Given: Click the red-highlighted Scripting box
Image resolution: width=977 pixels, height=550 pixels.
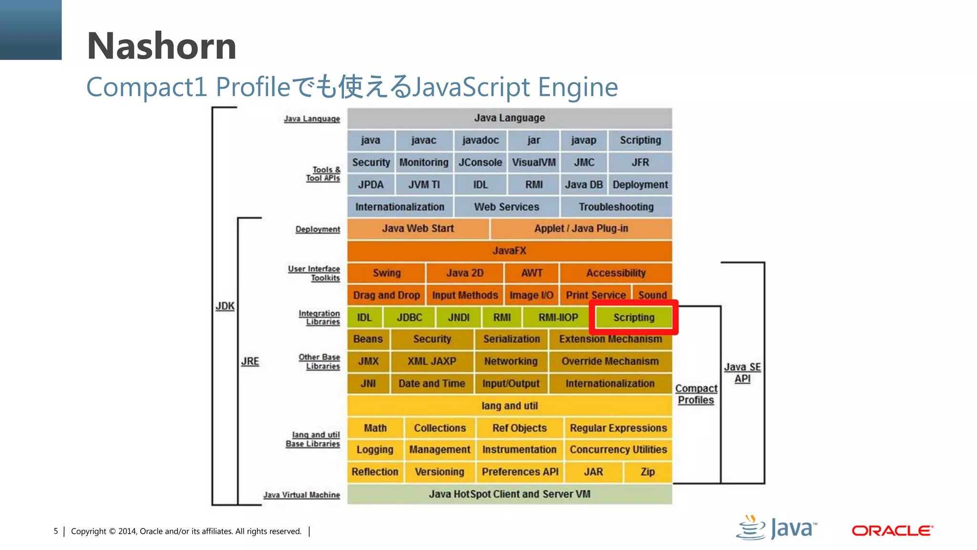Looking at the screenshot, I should click(634, 317).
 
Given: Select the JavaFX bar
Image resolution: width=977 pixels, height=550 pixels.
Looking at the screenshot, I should click(509, 251).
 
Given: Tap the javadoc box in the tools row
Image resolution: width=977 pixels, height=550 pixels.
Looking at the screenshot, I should click(480, 140).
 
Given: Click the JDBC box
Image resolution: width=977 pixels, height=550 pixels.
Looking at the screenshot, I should click(409, 317).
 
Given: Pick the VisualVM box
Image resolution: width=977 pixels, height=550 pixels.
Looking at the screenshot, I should click(533, 162).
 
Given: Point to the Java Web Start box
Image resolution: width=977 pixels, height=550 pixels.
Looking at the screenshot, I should click(417, 229).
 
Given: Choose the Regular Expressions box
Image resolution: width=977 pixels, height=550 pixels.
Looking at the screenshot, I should click(618, 428).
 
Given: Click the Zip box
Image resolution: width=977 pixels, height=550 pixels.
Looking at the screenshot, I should click(647, 472).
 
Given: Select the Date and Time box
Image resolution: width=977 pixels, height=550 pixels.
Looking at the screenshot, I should click(432, 383).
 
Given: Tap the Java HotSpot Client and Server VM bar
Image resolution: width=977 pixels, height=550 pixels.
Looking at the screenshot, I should click(509, 494).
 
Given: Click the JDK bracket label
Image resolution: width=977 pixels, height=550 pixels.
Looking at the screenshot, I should click(225, 306).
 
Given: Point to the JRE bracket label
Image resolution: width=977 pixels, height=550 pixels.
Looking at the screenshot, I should click(250, 361).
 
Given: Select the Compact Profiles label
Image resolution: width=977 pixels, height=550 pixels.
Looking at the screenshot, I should click(696, 394).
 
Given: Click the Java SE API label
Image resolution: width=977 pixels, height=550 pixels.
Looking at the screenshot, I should click(742, 373).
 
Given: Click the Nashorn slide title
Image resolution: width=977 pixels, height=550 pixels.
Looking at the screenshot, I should click(162, 46).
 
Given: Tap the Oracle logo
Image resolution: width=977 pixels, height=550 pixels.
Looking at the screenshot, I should click(892, 530).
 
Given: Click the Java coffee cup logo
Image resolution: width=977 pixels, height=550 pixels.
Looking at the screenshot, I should click(751, 528).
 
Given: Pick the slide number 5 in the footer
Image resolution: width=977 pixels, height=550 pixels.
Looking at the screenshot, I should click(56, 531).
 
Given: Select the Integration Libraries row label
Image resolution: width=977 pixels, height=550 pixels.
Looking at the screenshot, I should click(319, 317).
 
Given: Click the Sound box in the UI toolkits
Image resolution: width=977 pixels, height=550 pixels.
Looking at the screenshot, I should click(652, 295).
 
